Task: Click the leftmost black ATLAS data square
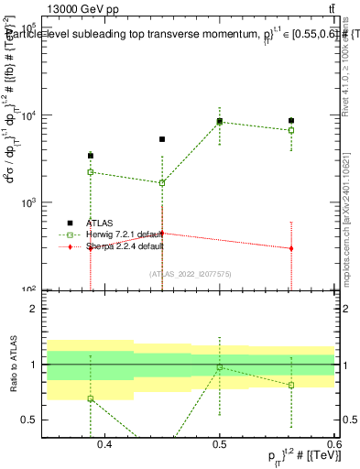pos(91,156)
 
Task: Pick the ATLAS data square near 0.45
pos(162,139)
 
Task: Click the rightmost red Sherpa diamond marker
pos(291,248)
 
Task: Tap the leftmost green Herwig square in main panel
pos(91,172)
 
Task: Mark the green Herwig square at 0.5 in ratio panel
pos(220,367)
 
